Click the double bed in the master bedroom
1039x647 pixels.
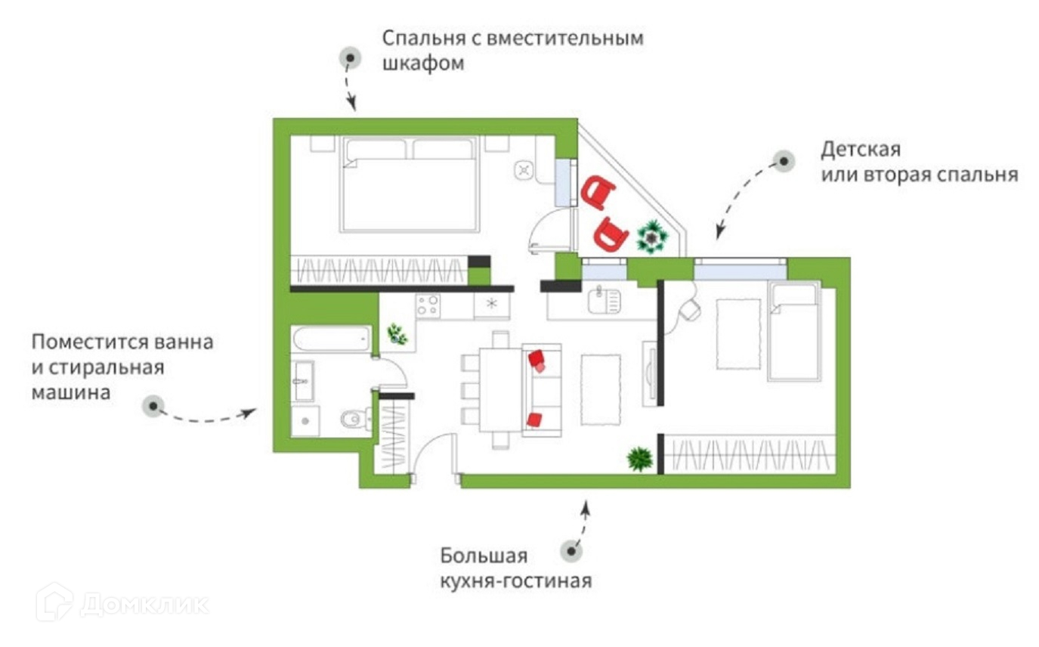(410, 184)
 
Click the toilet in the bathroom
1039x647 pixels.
(354, 418)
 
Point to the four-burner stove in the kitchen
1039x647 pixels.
(428, 305)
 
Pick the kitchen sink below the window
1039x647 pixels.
(605, 301)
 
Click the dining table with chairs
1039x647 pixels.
(500, 389)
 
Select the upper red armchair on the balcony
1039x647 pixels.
(598, 192)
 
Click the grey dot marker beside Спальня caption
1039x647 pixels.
(350, 57)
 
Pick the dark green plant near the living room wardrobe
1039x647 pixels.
(640, 458)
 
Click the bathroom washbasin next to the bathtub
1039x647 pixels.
(304, 380)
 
